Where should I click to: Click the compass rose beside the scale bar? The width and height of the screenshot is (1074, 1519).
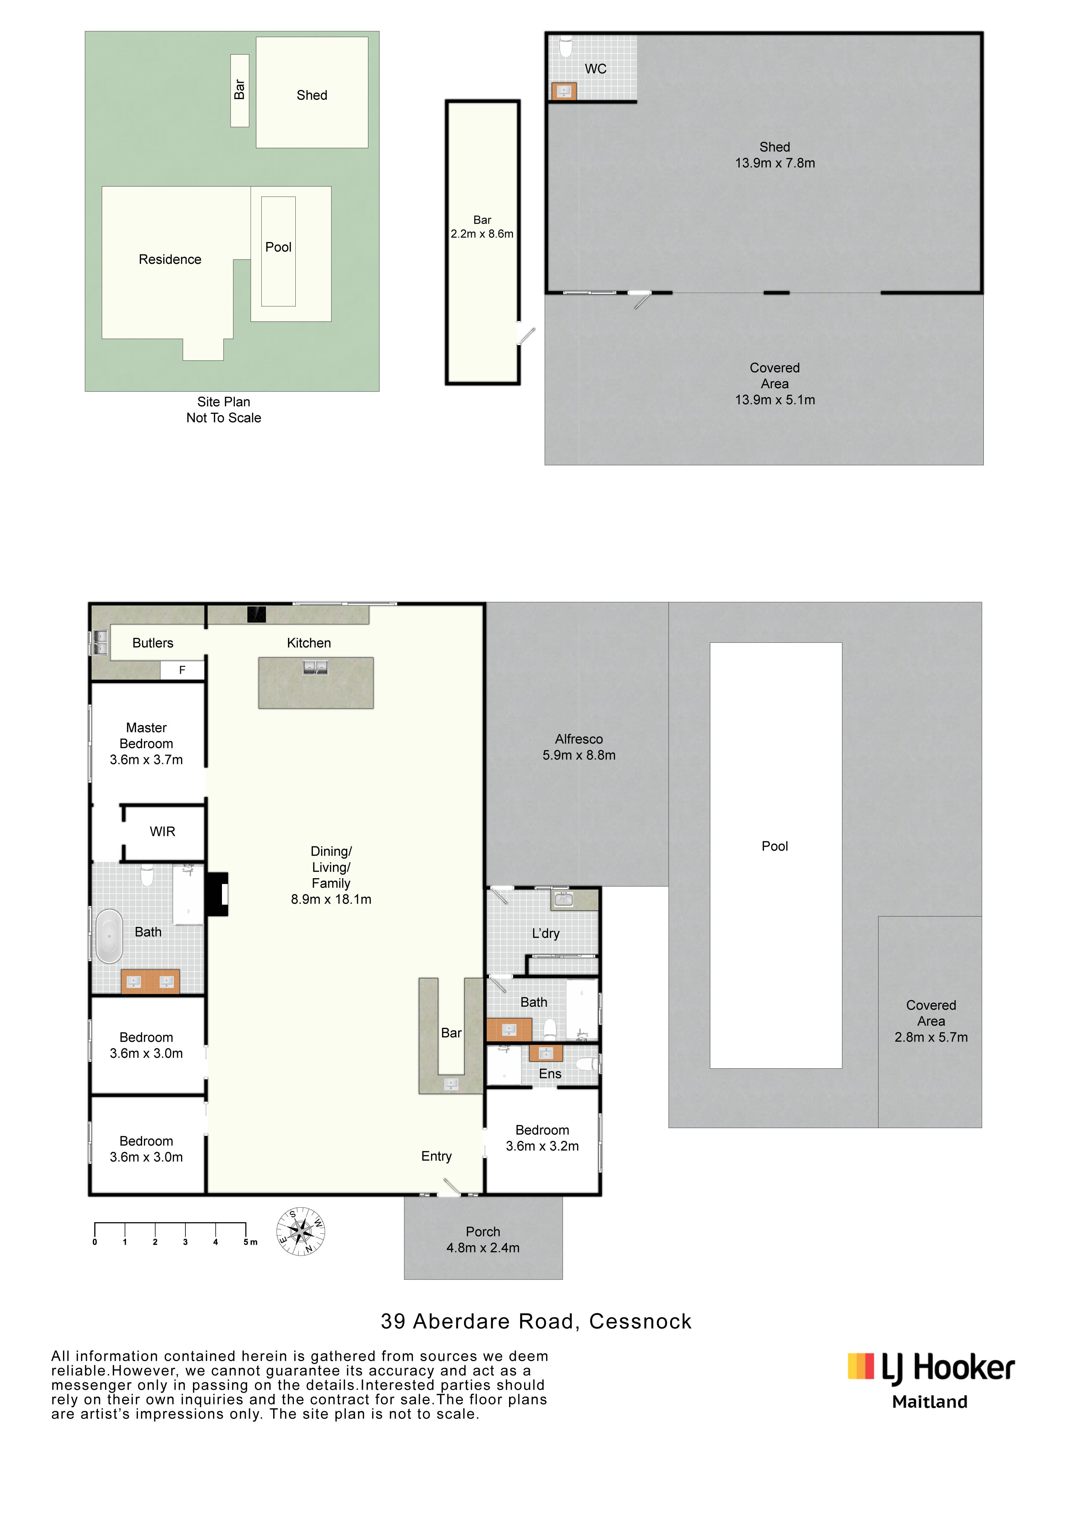point(300,1232)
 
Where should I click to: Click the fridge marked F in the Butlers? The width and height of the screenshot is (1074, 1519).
point(182,670)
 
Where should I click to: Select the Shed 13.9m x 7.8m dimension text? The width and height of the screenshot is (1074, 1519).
point(775,163)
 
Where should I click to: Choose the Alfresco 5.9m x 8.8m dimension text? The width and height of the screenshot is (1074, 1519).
point(579,755)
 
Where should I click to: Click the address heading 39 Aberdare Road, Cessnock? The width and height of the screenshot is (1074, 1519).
point(536,1321)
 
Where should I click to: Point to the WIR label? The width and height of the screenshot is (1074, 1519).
point(162,832)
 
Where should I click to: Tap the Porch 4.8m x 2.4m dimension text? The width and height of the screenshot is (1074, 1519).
point(483,1248)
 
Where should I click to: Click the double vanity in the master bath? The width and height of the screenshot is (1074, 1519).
point(150,982)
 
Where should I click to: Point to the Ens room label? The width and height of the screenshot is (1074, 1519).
point(550,1074)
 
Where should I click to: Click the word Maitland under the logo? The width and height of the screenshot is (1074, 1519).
point(930,1402)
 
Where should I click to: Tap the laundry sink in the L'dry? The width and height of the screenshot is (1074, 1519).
point(563,899)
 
